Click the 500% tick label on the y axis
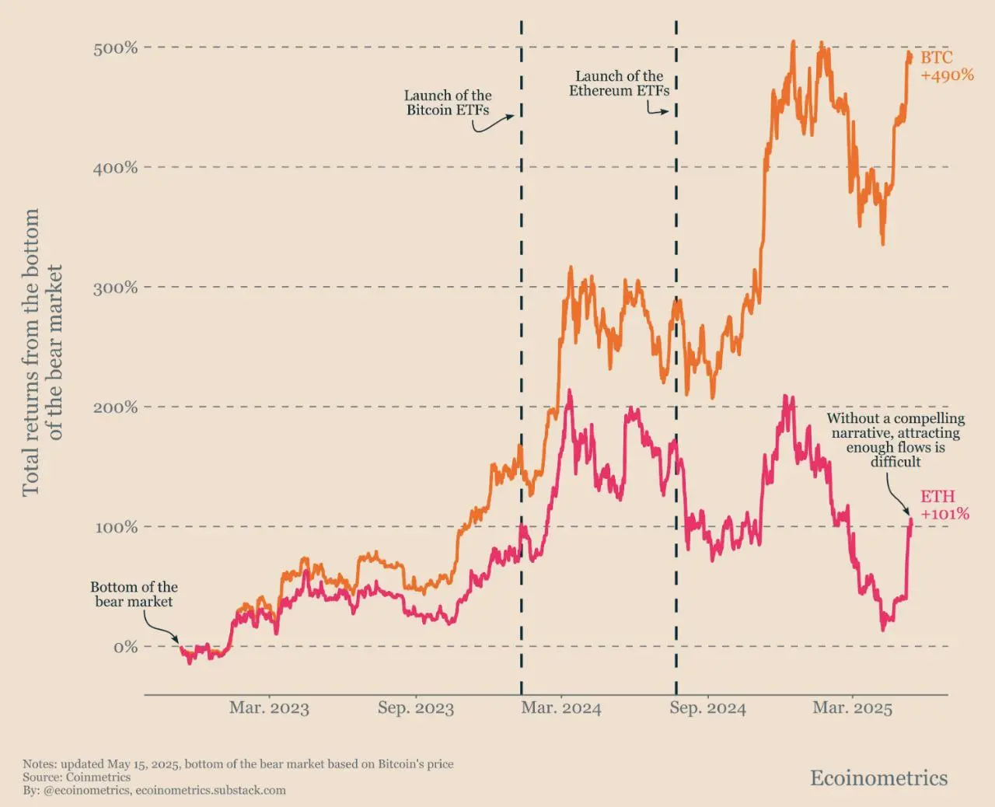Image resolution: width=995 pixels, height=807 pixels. [115, 48]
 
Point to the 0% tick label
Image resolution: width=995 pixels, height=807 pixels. [125, 647]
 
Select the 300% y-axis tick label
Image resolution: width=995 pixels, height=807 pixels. [115, 288]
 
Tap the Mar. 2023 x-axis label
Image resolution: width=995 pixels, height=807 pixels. [269, 708]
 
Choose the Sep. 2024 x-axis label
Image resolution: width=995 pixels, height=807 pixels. [707, 708]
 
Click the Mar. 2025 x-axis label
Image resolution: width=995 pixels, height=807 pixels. [853, 708]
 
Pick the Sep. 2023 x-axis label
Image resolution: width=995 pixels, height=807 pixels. [416, 708]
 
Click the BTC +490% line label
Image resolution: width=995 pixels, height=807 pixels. [947, 67]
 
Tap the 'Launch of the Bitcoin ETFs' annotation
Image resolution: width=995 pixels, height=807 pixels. [448, 103]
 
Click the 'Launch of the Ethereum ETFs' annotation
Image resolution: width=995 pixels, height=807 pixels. [620, 83]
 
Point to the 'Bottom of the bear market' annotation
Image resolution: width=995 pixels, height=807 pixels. [134, 594]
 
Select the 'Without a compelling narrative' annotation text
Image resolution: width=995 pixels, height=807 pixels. [895, 440]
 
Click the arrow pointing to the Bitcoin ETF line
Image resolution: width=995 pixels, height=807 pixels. [493, 123]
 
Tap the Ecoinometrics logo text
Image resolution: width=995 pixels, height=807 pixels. [878, 778]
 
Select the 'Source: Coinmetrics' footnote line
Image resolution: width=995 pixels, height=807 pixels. [76, 777]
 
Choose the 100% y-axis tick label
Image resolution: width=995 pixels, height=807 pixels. [115, 527]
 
